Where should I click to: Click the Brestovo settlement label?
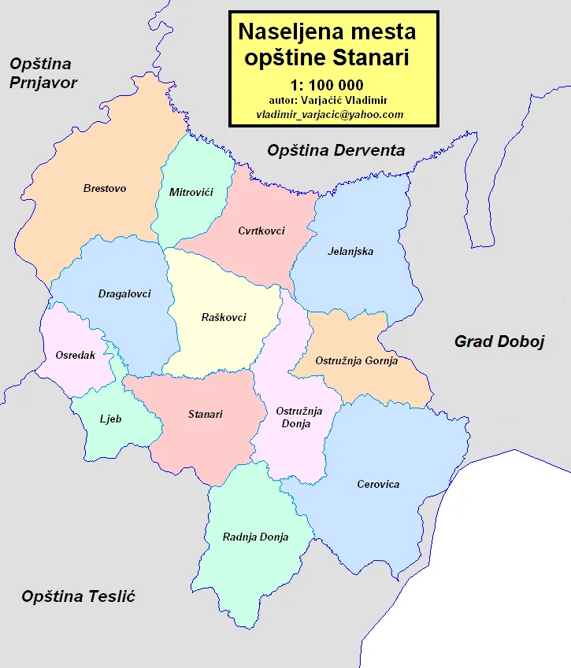tap(105, 188)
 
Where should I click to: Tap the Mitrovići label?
tap(191, 191)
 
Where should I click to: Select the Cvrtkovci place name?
tap(261, 231)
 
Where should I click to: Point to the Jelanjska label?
tap(350, 252)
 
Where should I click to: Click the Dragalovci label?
tap(124, 293)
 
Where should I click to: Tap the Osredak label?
tap(76, 355)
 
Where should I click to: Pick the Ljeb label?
tap(111, 419)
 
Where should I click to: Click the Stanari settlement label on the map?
tap(206, 414)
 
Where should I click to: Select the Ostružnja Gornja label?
tap(356, 360)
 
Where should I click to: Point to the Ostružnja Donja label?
tap(293, 417)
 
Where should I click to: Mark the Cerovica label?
tap(378, 484)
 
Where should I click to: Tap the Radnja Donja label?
tap(255, 537)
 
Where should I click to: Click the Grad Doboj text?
tap(500, 341)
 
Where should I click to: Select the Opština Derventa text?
tap(336, 150)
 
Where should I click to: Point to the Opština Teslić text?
tap(79, 596)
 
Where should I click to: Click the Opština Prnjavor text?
tap(43, 73)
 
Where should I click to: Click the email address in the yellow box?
tap(330, 114)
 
